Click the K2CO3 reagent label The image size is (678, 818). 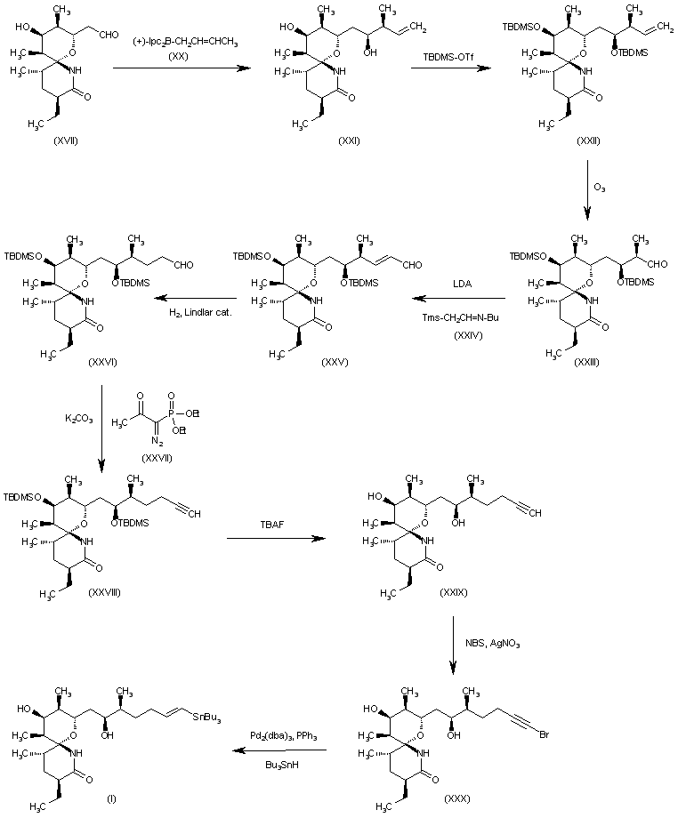click(x=78, y=417)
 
